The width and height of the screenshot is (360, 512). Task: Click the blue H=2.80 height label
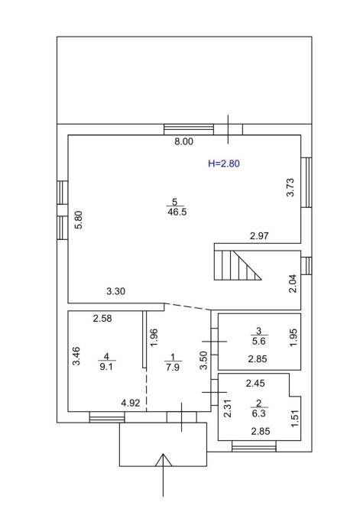(x=224, y=164)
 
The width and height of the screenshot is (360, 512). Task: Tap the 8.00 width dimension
(x=183, y=141)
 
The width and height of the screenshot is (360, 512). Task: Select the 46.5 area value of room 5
(x=177, y=212)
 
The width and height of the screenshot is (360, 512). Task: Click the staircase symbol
(x=238, y=265)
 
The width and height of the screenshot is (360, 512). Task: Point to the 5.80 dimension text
(x=79, y=220)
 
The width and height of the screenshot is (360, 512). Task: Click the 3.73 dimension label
(x=290, y=187)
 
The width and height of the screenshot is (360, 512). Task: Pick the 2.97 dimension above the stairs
(x=259, y=236)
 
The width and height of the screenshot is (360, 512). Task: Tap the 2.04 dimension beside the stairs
(x=293, y=284)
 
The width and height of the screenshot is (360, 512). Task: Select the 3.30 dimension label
(x=115, y=291)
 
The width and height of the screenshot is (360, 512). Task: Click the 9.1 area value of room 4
(x=106, y=367)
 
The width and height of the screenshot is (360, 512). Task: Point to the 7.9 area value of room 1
(x=173, y=368)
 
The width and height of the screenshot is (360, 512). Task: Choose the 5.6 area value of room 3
(x=259, y=342)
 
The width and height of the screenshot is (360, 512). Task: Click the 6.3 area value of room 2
(x=259, y=413)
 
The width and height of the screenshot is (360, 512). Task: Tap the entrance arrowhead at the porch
(x=164, y=459)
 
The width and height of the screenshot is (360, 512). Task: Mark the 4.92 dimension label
(x=131, y=403)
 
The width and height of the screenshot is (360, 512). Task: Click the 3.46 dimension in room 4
(x=76, y=356)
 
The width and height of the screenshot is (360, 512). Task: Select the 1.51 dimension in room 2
(x=295, y=418)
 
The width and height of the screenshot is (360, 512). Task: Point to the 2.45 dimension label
(x=255, y=383)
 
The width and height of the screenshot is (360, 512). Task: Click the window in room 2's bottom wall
(x=254, y=446)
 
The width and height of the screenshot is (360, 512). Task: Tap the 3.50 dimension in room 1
(x=203, y=360)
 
